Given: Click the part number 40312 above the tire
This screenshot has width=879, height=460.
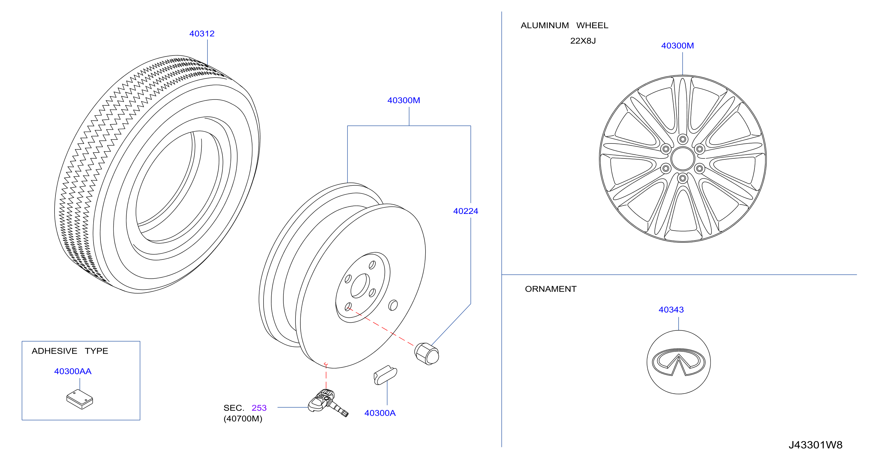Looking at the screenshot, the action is coord(202,33).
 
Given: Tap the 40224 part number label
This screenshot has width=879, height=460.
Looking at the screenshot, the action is coord(466,211).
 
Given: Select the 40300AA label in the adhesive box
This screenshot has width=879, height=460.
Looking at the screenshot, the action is coord(73,371).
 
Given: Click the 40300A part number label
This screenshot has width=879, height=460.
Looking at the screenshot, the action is coord(380,413).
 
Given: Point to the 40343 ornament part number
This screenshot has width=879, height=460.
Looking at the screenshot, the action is coord(671,310).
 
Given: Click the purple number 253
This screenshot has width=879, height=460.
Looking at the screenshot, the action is coord(259,408).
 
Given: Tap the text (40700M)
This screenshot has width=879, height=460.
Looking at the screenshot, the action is coord(243,419).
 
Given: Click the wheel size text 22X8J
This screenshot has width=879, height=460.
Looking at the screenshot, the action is coord(583,41).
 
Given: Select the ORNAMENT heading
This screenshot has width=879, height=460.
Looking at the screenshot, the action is coord(551,289).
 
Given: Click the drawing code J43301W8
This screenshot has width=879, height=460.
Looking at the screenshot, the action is coord(816,445).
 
